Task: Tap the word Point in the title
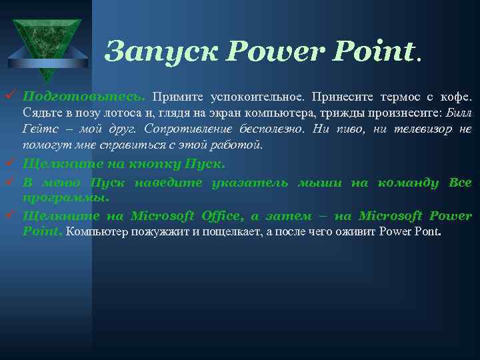(376, 50)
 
